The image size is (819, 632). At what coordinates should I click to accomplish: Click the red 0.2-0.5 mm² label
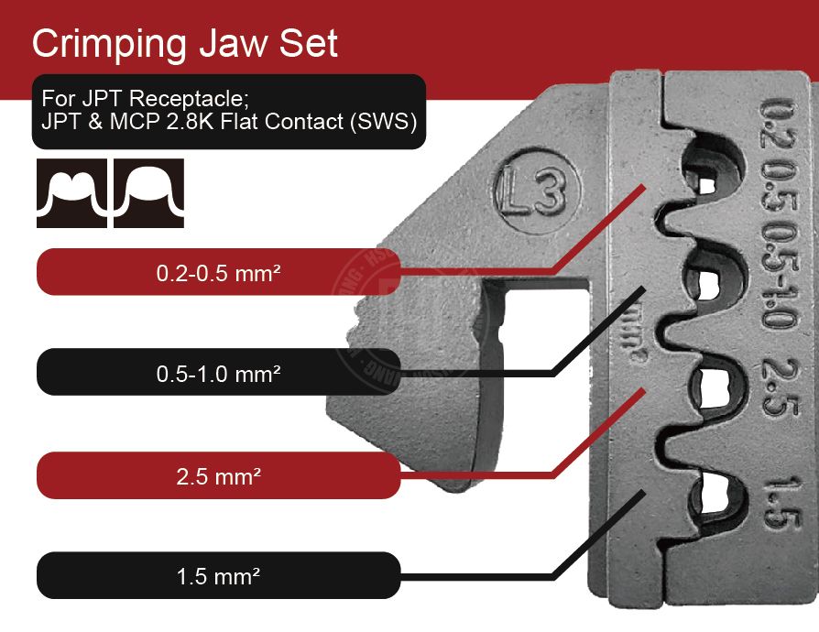click(218, 272)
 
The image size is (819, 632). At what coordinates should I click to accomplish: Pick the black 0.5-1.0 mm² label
click(218, 374)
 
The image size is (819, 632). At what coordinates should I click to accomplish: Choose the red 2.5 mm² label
click(218, 476)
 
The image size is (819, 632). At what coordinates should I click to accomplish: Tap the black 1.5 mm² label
click(218, 576)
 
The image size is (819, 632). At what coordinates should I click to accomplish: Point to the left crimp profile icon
click(72, 193)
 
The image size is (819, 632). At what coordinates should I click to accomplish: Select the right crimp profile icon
click(148, 193)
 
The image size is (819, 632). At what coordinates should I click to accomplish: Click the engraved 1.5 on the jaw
click(778, 503)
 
